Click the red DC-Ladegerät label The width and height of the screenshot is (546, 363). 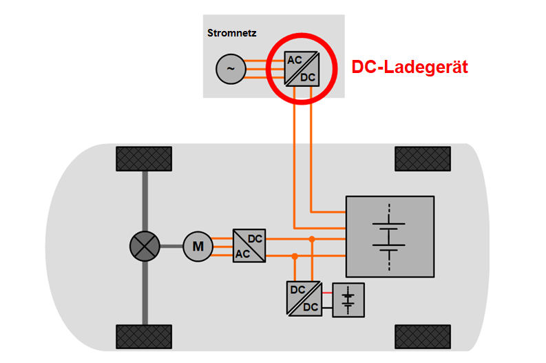[410, 68]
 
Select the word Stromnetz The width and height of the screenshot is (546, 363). [231, 32]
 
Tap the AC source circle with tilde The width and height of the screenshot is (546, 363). [231, 68]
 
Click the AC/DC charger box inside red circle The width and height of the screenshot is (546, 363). [301, 68]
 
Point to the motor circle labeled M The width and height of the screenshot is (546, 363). [198, 246]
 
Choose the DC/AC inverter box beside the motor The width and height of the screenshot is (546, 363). [249, 246]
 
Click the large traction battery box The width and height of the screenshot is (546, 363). [390, 238]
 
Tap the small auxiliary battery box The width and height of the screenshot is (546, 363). [348, 300]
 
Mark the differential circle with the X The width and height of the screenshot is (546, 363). [145, 246]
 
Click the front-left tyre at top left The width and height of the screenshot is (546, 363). [144, 159]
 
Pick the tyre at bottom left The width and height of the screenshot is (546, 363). [144, 336]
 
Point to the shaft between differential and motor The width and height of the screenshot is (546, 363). [171, 246]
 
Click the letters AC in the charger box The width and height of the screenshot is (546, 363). [295, 60]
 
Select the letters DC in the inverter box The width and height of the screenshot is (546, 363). [255, 239]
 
